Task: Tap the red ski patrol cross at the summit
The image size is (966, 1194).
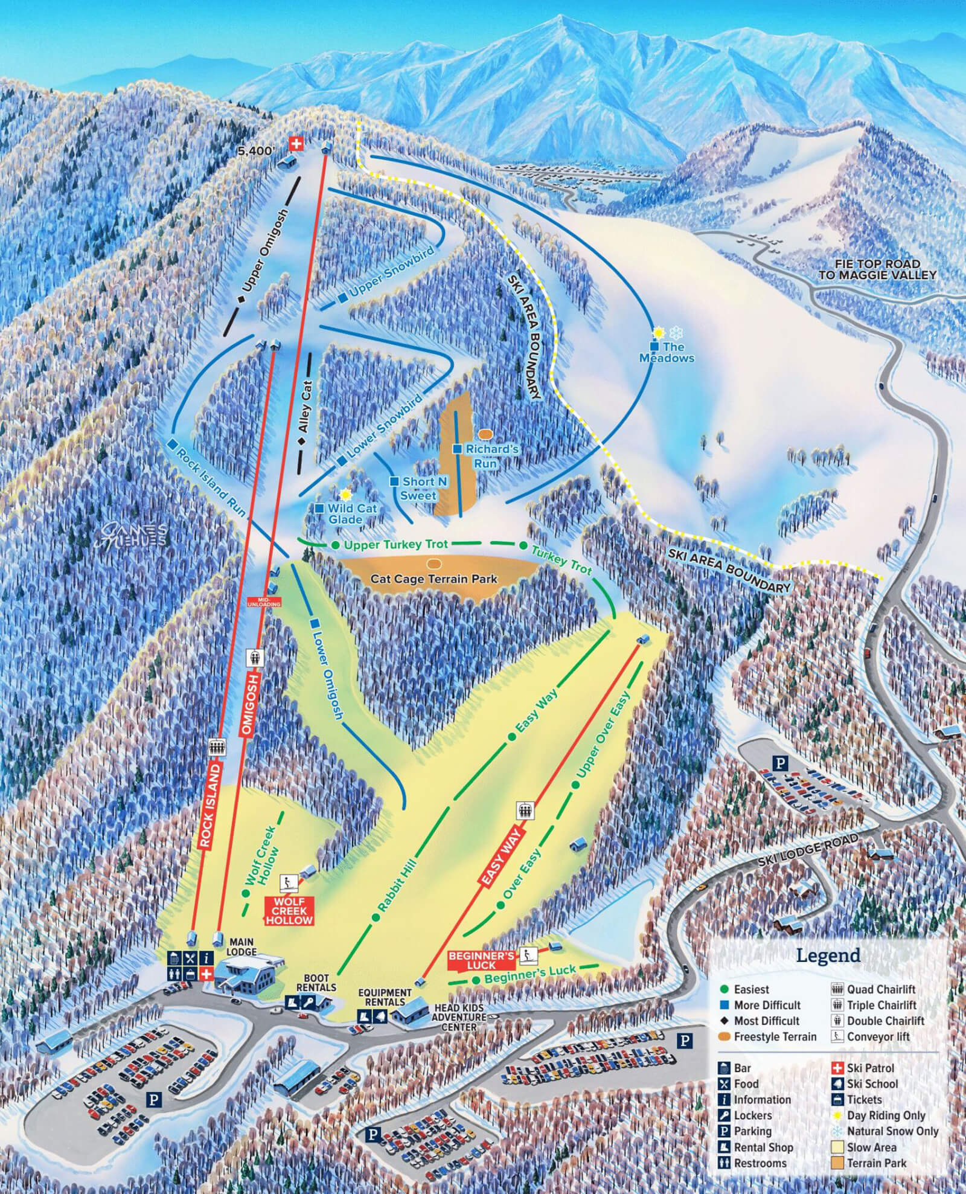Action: (296, 143)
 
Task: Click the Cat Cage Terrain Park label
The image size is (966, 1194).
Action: (433, 579)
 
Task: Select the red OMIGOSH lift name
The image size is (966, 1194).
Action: (251, 704)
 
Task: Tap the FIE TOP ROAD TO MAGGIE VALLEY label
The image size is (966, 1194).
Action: (877, 269)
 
